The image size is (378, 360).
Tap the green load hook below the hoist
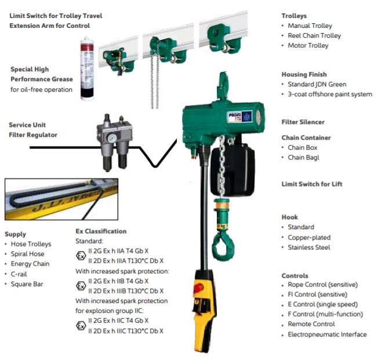point(221,241)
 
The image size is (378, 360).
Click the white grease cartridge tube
point(87,70)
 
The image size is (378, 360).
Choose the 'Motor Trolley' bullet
point(308,45)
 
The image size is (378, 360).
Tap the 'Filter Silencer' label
point(303,122)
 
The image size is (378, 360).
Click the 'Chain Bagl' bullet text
point(303,158)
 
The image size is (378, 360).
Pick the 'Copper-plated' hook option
point(309,237)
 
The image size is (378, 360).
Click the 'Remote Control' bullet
point(311,324)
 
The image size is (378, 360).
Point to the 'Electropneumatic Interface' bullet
point(327,334)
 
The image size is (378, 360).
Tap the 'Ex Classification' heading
point(101,231)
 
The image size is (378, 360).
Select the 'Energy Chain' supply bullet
point(30,264)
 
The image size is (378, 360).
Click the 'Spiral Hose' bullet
point(28,254)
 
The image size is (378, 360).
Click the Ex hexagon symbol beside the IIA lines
point(81,256)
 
